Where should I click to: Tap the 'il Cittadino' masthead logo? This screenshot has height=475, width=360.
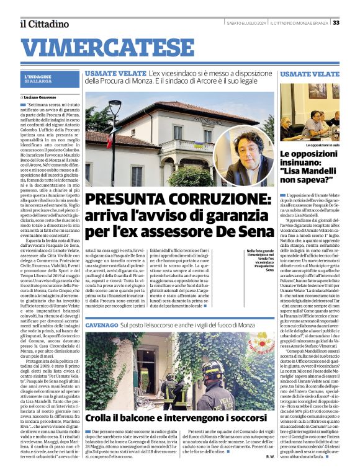43,24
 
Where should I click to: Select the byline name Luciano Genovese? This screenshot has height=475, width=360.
44,97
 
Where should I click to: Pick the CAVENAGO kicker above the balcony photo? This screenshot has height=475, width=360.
101,325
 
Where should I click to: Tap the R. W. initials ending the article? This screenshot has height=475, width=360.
270,456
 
